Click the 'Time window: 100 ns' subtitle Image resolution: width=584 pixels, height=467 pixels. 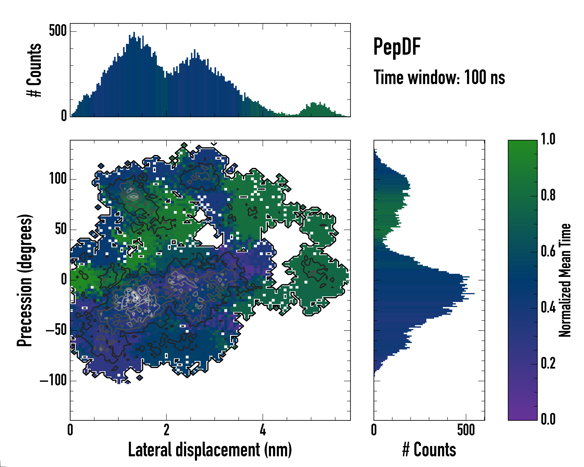tap(439, 77)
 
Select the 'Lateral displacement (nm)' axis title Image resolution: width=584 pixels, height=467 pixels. tap(210, 450)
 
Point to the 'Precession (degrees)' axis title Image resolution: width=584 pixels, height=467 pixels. tap(25, 280)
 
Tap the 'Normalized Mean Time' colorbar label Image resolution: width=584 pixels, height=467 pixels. tap(565, 280)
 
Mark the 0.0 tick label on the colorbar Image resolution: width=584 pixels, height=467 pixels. tap(548, 419)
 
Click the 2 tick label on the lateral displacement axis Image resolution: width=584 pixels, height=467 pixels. tap(166, 430)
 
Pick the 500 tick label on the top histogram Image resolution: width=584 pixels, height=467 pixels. tap(58, 31)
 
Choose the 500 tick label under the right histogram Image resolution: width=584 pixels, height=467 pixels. tap(466, 430)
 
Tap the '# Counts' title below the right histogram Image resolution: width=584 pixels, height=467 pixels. tap(429, 450)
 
